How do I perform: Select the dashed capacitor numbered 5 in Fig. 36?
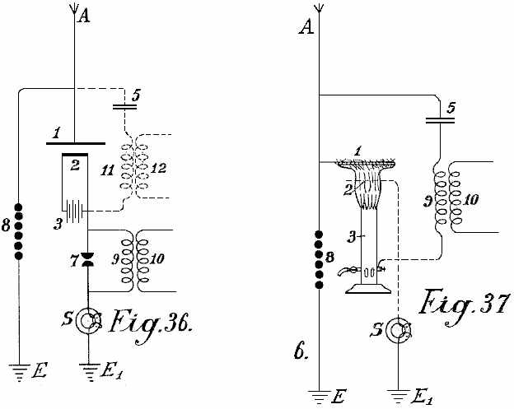click(124, 105)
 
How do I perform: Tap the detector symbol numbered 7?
click(88, 263)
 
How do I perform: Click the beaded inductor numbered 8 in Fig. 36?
click(19, 229)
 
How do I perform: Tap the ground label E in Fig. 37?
click(337, 398)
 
